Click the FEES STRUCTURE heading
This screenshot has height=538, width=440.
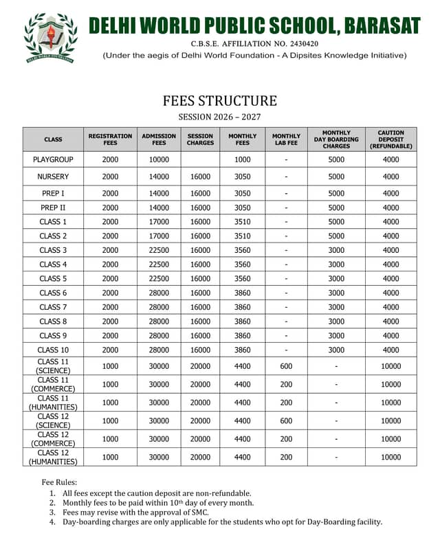[220, 101]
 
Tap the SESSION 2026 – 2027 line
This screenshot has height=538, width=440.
[220, 117]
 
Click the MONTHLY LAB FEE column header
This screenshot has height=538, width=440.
[286, 139]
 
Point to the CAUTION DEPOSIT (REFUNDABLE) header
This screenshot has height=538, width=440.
[390, 139]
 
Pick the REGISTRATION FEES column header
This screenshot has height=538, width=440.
[110, 139]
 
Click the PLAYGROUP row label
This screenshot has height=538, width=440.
[53, 159]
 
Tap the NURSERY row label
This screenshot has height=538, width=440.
[53, 177]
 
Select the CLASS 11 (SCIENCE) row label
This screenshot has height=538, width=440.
[53, 366]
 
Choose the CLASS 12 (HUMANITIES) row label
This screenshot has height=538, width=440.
[53, 457]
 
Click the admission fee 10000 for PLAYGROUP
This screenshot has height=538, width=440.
[159, 159]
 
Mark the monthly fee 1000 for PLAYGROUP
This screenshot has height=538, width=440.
[243, 159]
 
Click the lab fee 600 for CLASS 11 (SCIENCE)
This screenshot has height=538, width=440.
[286, 366]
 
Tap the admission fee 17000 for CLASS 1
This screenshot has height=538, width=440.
[159, 222]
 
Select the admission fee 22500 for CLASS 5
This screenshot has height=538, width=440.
[159, 278]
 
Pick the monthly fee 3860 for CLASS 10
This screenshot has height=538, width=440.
[243, 350]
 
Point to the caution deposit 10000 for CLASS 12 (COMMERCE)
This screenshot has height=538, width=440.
[390, 439]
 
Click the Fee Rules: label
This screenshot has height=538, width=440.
[60, 482]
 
